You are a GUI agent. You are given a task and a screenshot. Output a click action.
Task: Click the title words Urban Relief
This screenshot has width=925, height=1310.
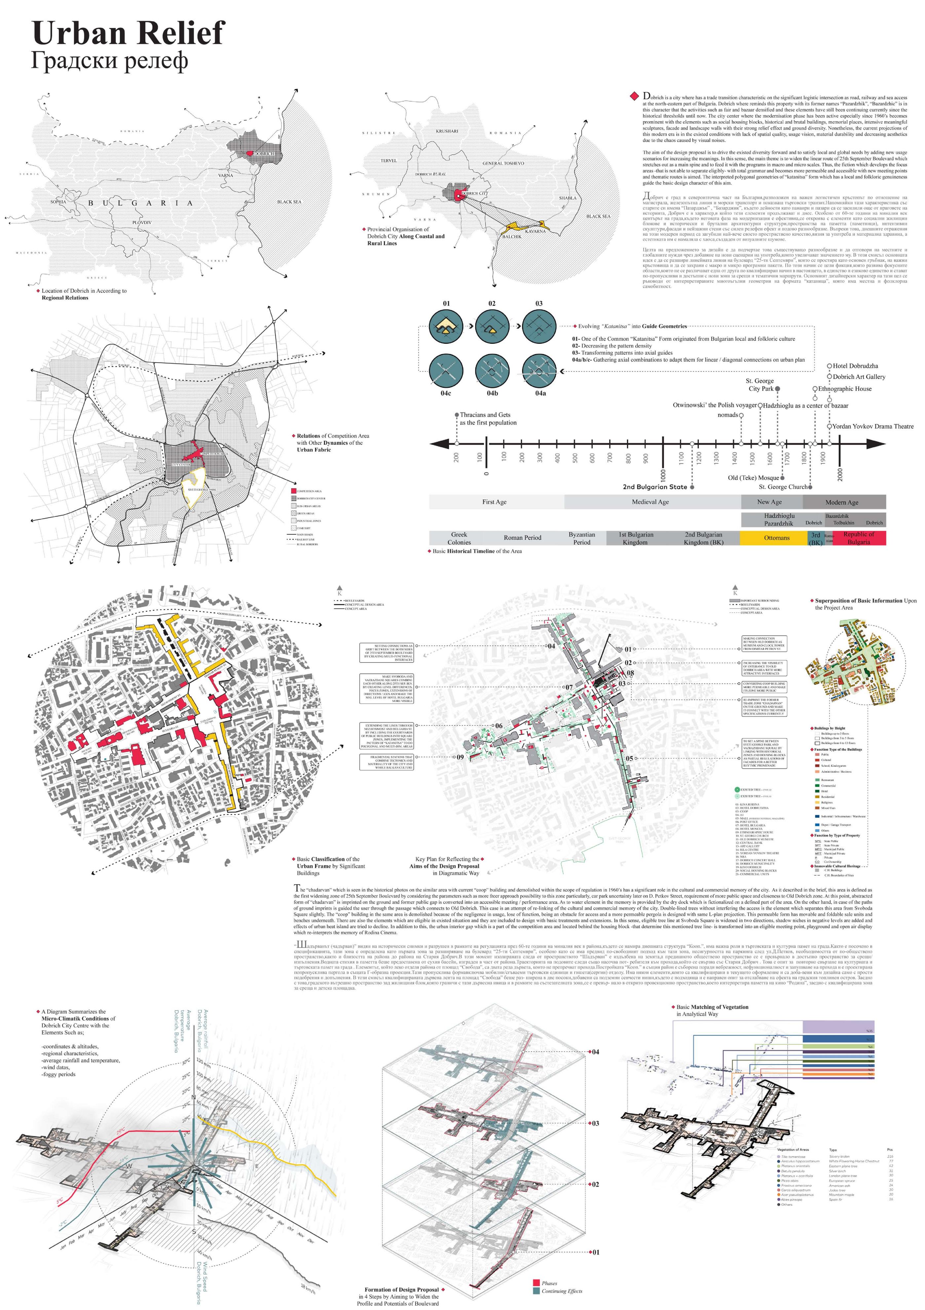(128, 33)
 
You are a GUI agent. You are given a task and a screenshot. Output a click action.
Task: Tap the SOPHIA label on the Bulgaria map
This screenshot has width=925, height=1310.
(58, 201)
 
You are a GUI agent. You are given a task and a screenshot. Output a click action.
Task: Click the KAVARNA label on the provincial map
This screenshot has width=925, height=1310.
(535, 231)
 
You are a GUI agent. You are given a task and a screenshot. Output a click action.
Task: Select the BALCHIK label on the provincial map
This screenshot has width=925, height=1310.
(511, 236)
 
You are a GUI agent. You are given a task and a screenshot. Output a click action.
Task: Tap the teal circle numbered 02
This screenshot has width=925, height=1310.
(492, 326)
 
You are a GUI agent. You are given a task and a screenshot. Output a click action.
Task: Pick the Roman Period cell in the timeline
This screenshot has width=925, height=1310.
(522, 537)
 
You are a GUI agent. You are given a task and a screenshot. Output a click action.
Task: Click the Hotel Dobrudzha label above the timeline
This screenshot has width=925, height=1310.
(855, 366)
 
